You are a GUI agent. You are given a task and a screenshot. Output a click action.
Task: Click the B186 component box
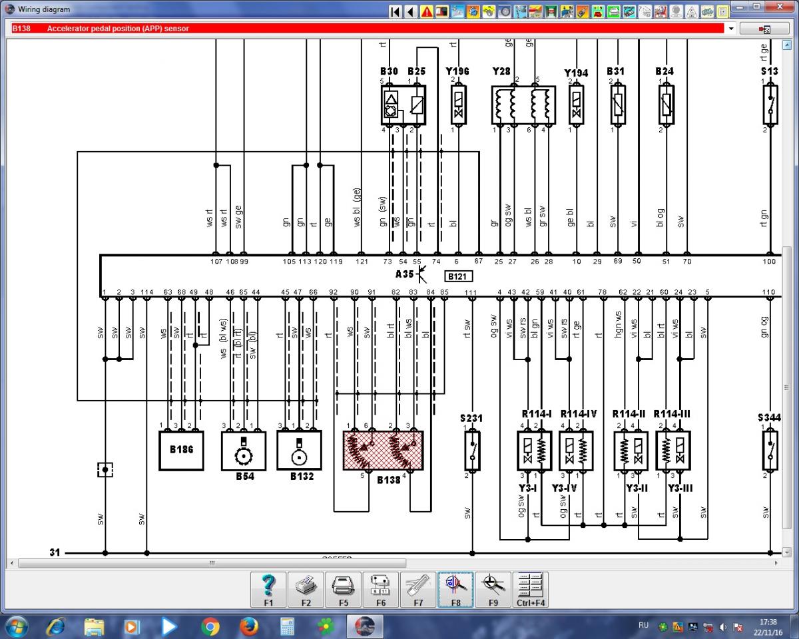(181, 451)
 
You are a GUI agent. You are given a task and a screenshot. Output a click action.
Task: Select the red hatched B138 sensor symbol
(383, 451)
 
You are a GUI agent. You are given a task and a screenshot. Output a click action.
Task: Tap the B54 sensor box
(244, 451)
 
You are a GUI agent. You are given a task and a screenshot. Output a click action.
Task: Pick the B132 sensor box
(299, 451)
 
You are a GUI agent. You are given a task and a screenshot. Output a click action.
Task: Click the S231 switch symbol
(473, 450)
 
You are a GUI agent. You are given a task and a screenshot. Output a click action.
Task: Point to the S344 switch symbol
(770, 450)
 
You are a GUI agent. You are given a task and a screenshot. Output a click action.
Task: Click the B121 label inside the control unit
(459, 276)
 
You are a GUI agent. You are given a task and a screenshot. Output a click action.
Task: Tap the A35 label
(404, 274)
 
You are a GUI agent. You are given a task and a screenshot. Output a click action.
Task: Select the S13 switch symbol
(770, 105)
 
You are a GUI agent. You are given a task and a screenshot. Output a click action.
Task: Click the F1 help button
(268, 589)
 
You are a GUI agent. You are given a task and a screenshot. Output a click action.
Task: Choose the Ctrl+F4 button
(531, 589)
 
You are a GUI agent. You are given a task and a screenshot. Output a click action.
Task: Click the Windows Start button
(15, 626)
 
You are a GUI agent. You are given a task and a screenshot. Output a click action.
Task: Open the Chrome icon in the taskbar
(210, 626)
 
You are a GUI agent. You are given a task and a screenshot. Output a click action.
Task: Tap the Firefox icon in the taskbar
(249, 626)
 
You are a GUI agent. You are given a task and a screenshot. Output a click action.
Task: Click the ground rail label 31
(55, 552)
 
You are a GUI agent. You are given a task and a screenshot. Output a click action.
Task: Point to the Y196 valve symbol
(459, 105)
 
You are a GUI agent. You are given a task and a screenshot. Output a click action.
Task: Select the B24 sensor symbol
(666, 105)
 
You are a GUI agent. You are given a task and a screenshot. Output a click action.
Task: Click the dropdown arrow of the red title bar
(731, 29)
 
